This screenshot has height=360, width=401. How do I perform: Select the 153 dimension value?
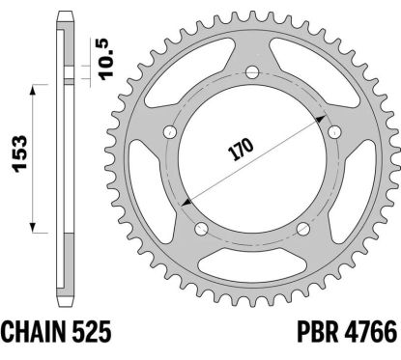click(x=16, y=158)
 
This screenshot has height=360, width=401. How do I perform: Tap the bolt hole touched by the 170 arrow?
click(x=334, y=130)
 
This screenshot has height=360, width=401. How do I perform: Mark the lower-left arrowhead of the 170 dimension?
click(x=184, y=199)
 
